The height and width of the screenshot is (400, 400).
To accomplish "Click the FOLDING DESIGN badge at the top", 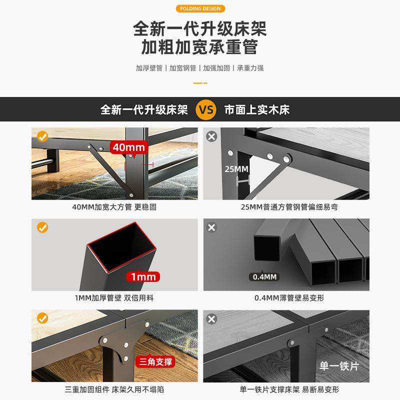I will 199,8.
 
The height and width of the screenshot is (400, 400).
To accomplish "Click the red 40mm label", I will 128,147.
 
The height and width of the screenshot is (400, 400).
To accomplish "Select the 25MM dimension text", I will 236,169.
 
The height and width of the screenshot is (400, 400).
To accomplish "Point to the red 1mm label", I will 143,276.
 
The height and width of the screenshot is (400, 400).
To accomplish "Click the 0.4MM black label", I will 263,276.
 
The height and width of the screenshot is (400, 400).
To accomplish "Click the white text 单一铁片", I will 339,366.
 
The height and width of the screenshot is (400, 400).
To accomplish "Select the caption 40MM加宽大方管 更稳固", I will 115,206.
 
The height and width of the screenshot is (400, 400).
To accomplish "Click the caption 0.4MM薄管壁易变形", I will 286,298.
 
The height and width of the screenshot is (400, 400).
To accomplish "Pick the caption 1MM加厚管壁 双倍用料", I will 115,298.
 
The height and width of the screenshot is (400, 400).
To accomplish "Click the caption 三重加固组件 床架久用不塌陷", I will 115,389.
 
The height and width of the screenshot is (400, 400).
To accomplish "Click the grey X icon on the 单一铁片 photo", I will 212,319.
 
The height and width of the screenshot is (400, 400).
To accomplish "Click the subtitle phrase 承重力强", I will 250,68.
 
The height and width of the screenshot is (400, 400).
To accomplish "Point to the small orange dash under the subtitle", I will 199,82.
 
